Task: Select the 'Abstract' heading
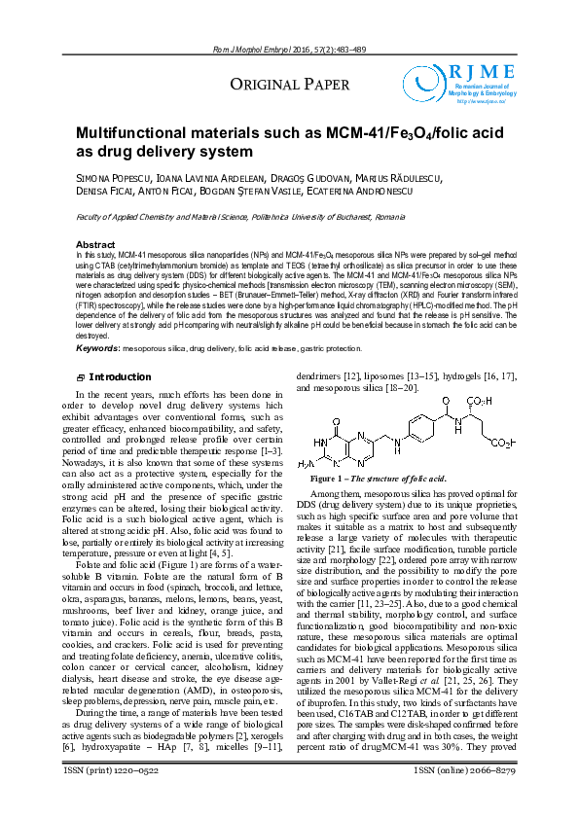(95, 244)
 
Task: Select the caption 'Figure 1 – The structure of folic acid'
(378, 480)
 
